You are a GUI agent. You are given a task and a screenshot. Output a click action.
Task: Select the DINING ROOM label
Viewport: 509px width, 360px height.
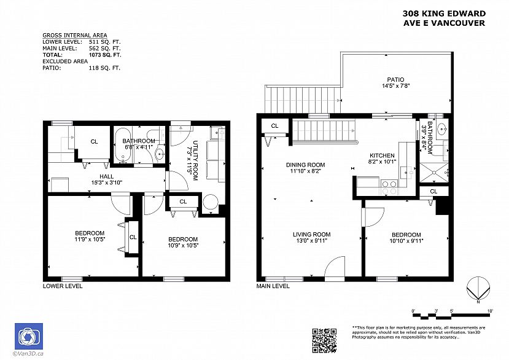(x=305, y=165)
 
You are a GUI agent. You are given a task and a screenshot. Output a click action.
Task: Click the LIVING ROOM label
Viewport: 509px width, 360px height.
(x=312, y=234)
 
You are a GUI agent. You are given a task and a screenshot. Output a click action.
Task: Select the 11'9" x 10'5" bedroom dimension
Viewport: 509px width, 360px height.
(x=90, y=238)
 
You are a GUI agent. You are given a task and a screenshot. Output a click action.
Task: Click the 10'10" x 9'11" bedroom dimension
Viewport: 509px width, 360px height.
(x=406, y=241)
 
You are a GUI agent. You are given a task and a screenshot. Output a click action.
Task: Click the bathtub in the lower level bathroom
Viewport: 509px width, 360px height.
(x=121, y=147)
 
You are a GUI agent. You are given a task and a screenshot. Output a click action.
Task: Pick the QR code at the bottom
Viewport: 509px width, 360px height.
(x=325, y=340)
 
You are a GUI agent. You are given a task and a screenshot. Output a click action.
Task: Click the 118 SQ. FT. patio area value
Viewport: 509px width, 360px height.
(x=104, y=68)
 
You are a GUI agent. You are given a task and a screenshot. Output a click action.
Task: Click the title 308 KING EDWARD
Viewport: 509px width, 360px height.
(x=444, y=14)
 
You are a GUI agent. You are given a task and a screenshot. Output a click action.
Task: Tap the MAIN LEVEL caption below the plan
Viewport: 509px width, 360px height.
(x=273, y=286)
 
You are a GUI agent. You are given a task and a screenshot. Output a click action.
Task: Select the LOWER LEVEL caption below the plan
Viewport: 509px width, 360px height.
(x=62, y=286)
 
